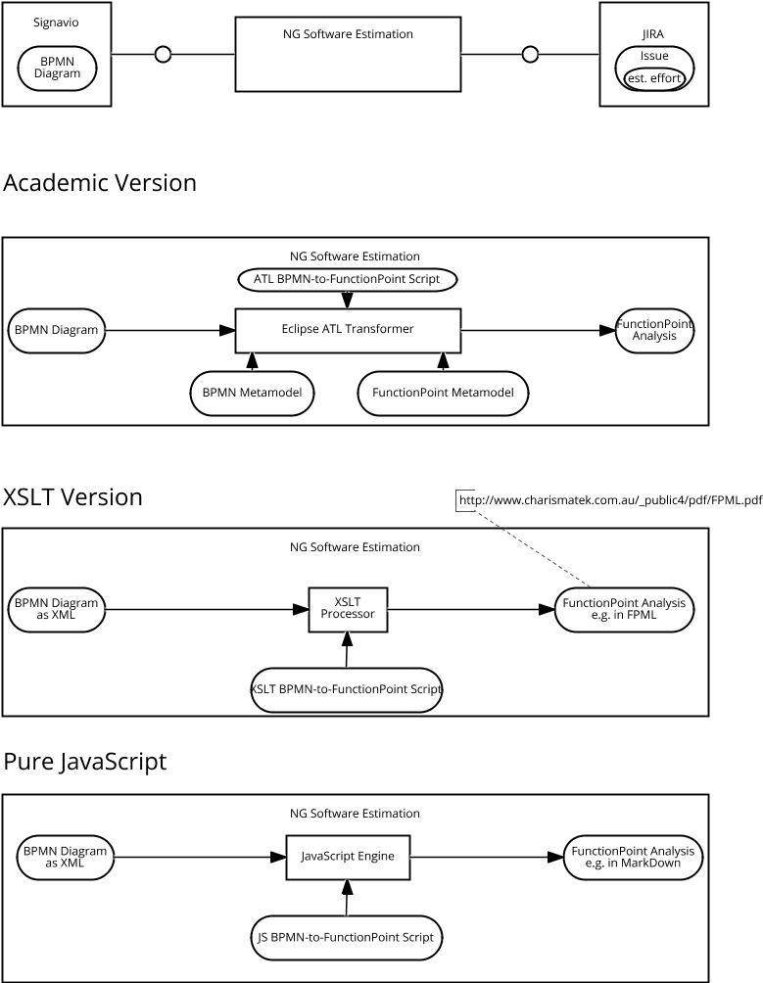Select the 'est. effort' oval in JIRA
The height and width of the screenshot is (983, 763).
[x=655, y=77]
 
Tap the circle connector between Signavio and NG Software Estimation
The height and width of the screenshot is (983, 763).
[x=164, y=54]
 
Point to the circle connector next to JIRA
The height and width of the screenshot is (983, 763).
[x=530, y=54]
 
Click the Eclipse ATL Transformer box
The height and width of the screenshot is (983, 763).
[x=348, y=330]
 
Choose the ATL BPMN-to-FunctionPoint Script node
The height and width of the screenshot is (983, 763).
[x=348, y=279]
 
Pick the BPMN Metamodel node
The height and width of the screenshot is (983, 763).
[x=253, y=393]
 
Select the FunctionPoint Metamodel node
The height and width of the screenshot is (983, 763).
[x=444, y=393]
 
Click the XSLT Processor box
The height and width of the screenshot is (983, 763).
[x=348, y=608]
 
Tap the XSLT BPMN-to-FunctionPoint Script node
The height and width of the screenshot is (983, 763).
[x=347, y=689]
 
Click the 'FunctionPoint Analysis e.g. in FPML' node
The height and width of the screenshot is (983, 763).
[x=624, y=608]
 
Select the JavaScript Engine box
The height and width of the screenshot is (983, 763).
[x=347, y=857]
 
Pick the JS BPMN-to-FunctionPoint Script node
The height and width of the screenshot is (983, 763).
[x=347, y=937]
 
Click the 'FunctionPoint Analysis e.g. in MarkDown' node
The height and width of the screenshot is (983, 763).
[x=633, y=857]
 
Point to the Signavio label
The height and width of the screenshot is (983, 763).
[x=55, y=21]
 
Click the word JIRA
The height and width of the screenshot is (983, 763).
[x=652, y=34]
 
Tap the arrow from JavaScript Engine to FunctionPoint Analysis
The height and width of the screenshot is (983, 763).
[x=485, y=857]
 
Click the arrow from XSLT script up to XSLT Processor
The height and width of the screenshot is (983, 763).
[x=347, y=651]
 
